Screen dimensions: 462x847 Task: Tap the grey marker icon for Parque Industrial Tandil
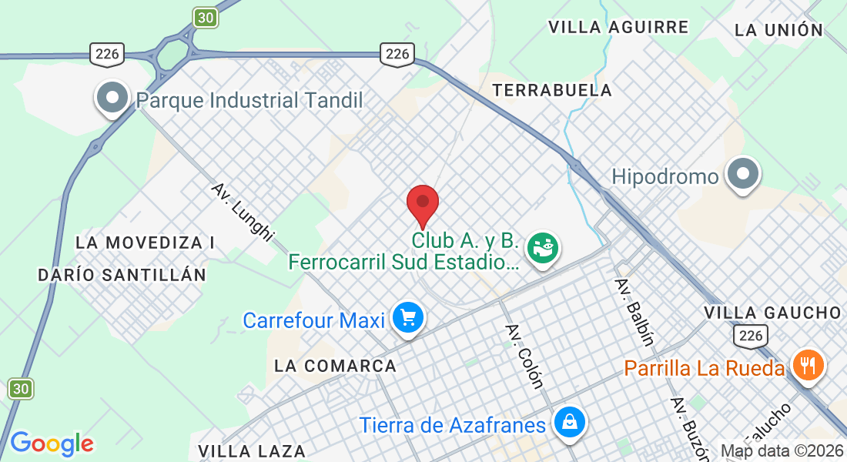113,99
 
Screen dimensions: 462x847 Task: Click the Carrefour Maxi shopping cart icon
407,318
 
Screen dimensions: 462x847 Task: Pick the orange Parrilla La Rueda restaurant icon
807,366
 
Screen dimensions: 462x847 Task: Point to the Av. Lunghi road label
243,213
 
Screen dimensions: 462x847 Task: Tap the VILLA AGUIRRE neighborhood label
618,27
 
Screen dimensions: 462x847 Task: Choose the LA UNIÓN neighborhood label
778,30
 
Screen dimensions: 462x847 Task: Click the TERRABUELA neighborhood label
552,90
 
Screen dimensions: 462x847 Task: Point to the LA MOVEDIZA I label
146,243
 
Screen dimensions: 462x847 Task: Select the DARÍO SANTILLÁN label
122,275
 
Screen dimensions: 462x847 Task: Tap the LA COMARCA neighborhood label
336,366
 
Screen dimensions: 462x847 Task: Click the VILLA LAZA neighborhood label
252,450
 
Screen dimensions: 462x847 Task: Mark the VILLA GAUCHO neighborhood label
772,313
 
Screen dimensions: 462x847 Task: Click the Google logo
52,444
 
